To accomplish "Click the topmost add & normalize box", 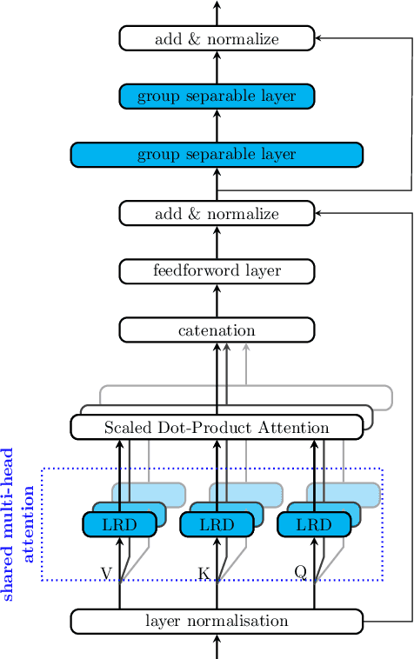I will [x=217, y=38].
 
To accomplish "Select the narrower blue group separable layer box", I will [x=217, y=96].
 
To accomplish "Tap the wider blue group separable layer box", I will [x=217, y=154].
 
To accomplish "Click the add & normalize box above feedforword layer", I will [x=217, y=213].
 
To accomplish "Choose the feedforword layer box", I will [x=217, y=270].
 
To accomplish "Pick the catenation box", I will [x=217, y=329].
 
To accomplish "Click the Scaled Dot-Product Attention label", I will [x=217, y=427].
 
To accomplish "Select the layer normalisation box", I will [x=217, y=621].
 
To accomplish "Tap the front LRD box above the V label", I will [x=119, y=524].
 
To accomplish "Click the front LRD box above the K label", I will [x=217, y=524].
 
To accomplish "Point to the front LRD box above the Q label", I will [x=314, y=524].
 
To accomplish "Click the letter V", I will [x=106, y=572].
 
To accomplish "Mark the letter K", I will [x=204, y=572].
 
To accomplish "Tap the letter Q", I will [x=300, y=571].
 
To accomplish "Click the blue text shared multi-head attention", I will [x=18, y=524].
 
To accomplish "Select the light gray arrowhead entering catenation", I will [x=246, y=348].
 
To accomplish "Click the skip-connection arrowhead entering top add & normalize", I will [x=319, y=38].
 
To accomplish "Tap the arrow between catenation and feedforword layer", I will [x=217, y=300].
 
